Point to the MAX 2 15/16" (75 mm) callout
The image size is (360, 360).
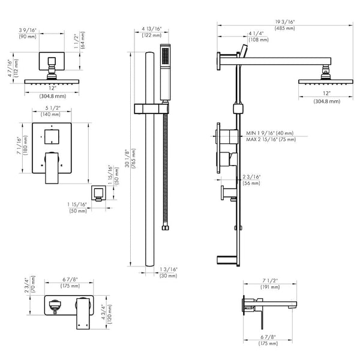271,139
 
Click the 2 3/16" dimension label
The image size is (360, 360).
251,176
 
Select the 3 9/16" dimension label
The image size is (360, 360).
28,29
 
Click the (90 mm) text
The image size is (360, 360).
28,36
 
